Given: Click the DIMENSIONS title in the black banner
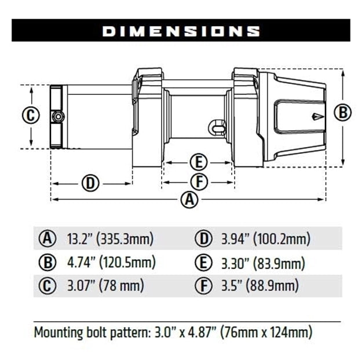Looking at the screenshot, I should pyautogui.click(x=181, y=30).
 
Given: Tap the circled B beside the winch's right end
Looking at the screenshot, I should pyautogui.click(x=343, y=112).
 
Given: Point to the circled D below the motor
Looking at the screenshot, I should pyautogui.click(x=90, y=183).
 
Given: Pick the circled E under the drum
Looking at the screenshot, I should pyautogui.click(x=199, y=161).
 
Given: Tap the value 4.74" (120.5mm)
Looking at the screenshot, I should pyautogui.click(x=111, y=262).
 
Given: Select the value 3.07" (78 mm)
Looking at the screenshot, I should pyautogui.click(x=105, y=285).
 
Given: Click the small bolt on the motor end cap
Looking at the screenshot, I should pyautogui.click(x=57, y=116).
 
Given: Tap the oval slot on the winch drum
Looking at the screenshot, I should pyautogui.click(x=217, y=126).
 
